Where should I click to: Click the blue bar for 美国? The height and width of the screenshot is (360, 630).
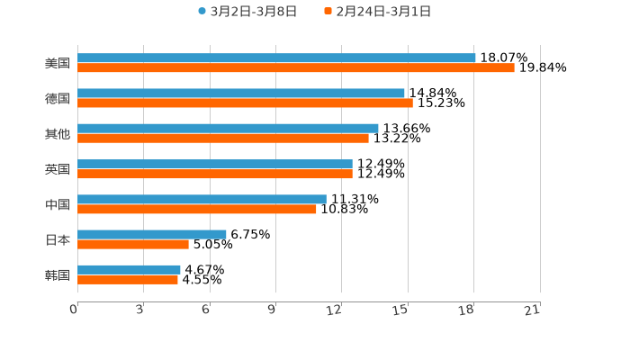pos(276,58)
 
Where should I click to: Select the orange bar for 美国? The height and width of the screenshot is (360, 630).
pos(296,68)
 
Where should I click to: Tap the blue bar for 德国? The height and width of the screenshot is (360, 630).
pos(241,93)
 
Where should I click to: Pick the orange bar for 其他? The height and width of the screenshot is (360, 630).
pos(223,139)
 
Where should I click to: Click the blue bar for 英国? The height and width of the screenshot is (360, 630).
pos(215,164)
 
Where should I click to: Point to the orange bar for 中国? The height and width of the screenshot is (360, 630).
pos(197,210)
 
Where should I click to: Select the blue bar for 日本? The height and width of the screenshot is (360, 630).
pos(152,234)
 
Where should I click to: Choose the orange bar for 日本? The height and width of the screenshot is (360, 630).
pos(133,245)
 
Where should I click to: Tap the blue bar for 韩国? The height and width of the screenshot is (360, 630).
pos(129,269)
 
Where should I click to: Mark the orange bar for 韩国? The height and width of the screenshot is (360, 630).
pos(128,280)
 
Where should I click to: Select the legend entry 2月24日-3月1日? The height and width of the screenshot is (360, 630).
pos(382,12)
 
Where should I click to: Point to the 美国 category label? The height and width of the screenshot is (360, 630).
pos(58,63)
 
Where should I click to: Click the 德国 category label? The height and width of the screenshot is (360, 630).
pos(58,98)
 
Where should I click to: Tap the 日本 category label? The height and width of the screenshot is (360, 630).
pos(58,239)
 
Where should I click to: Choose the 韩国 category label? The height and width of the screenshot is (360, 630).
pos(58,274)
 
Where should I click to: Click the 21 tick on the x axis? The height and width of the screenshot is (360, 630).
pos(532,310)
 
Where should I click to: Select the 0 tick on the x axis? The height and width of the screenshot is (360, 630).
pos(74,310)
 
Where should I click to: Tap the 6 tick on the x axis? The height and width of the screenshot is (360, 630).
pos(206,310)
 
